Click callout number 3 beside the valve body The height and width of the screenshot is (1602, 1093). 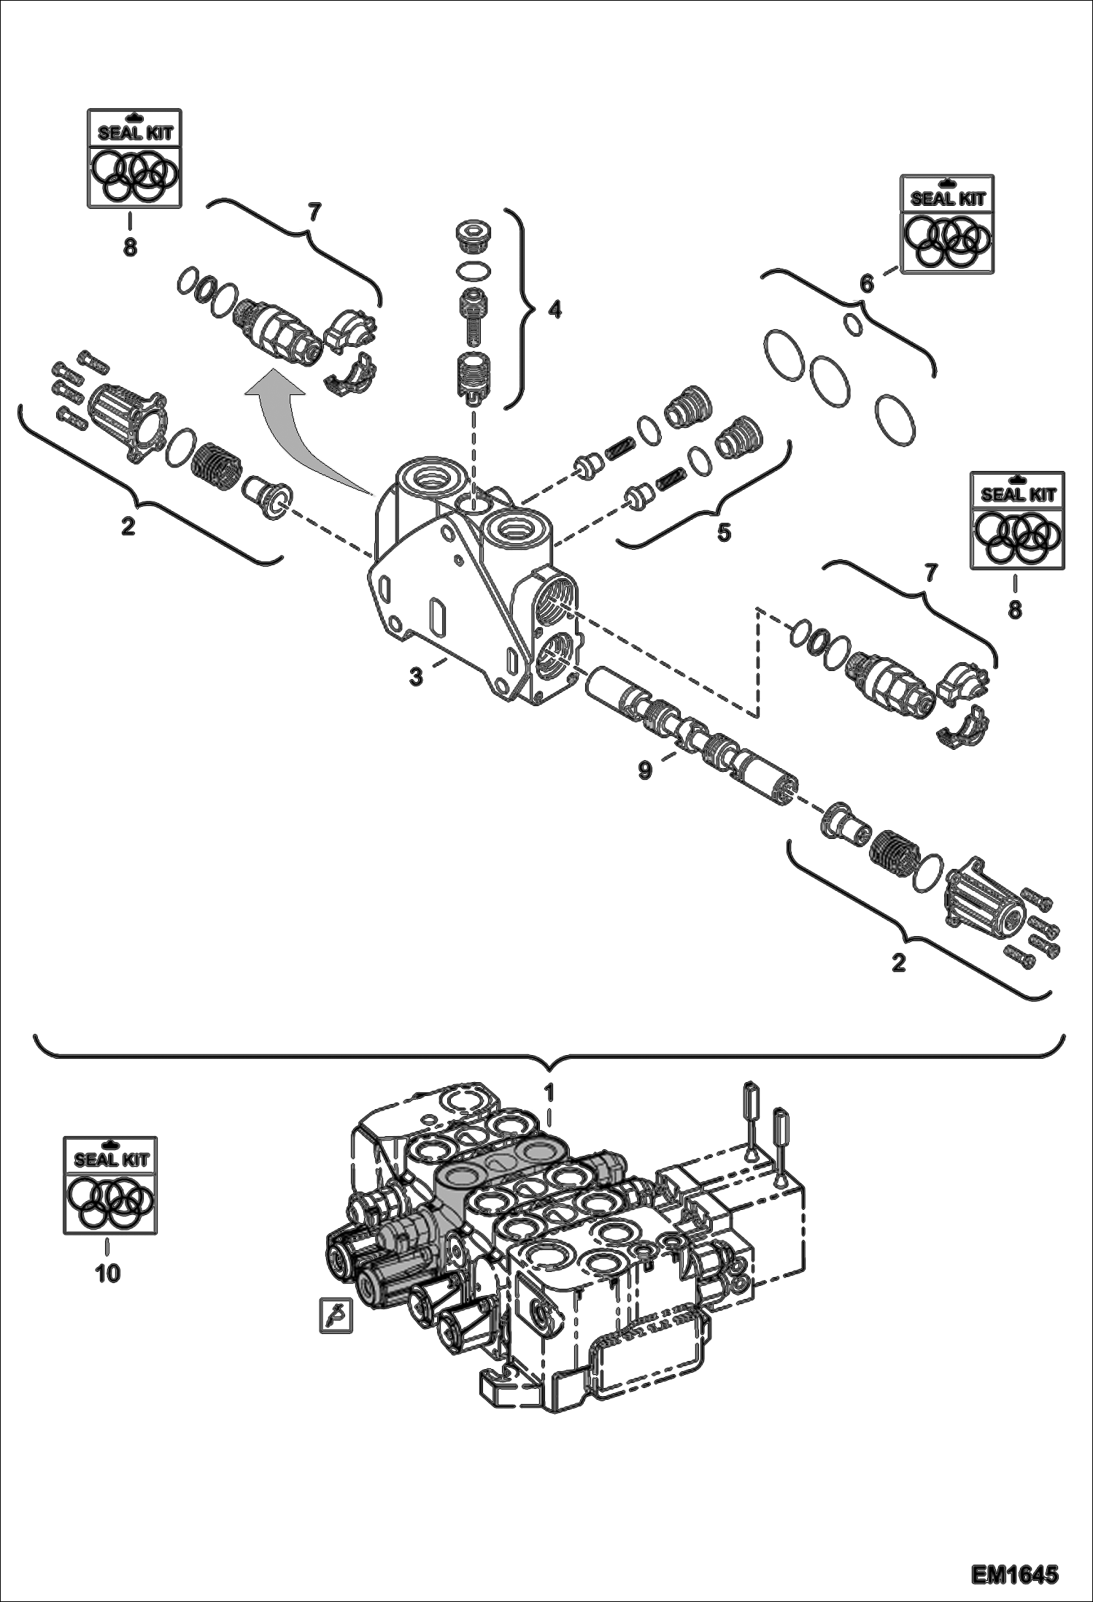[x=416, y=677]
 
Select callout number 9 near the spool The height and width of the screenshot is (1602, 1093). [x=645, y=770]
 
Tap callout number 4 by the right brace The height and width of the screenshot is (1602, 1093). [x=555, y=310]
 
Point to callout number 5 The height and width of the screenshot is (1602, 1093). [x=723, y=532]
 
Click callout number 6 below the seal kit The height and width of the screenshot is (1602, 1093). [x=866, y=284]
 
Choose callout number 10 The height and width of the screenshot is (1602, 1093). [x=107, y=1274]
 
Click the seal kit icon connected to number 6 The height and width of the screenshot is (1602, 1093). [x=947, y=224]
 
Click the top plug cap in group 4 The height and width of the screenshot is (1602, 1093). [x=472, y=236]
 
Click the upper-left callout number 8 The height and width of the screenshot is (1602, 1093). [x=130, y=248]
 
